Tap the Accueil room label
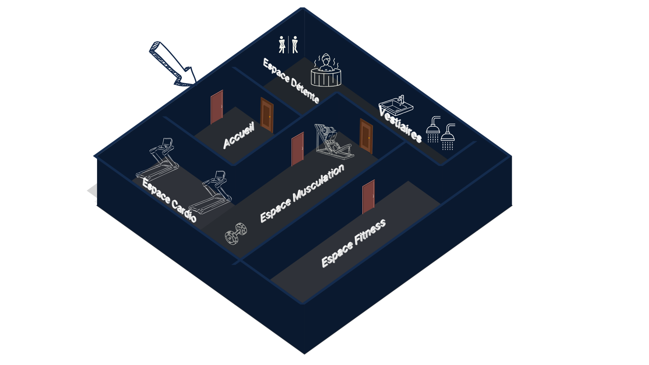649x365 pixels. pos(239,136)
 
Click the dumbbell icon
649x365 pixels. pos(236,233)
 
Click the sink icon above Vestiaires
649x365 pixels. pos(396,105)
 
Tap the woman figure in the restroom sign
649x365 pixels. pos(282,45)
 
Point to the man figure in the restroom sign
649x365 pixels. pos(295,45)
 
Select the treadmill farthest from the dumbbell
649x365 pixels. pos(158,159)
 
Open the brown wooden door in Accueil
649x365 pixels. pos(267,115)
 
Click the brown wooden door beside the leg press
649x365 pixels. pos(366,136)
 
